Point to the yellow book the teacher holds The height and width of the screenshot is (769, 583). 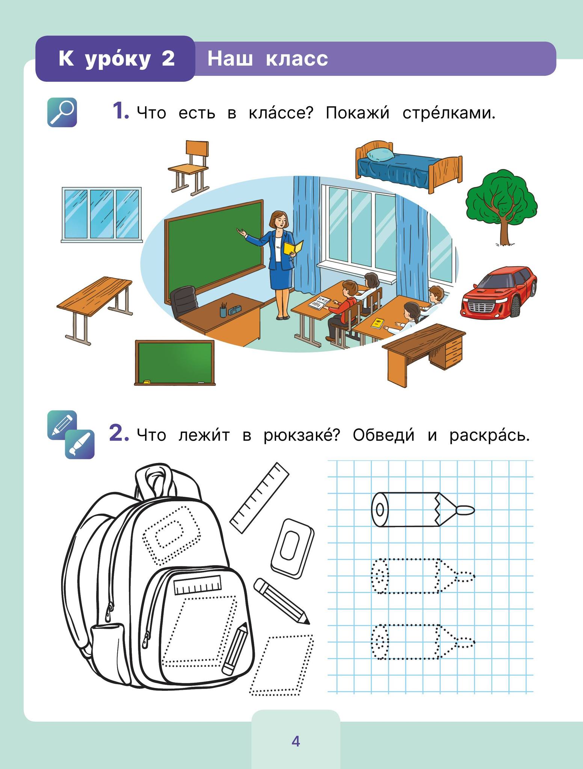[x=293, y=247]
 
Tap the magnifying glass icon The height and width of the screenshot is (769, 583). [x=62, y=112]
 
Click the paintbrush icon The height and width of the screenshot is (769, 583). [x=80, y=444]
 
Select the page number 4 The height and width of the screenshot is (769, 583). [x=296, y=741]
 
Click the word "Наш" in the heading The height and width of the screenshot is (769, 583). [x=230, y=59]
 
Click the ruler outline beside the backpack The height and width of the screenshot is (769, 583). [x=259, y=497]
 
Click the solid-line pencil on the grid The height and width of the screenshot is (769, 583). [x=423, y=510]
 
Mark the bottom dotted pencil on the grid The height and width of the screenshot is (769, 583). [x=423, y=642]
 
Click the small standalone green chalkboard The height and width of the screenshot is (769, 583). [x=175, y=362]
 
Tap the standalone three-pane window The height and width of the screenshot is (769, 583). [x=102, y=214]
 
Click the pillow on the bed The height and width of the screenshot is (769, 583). [x=380, y=154]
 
